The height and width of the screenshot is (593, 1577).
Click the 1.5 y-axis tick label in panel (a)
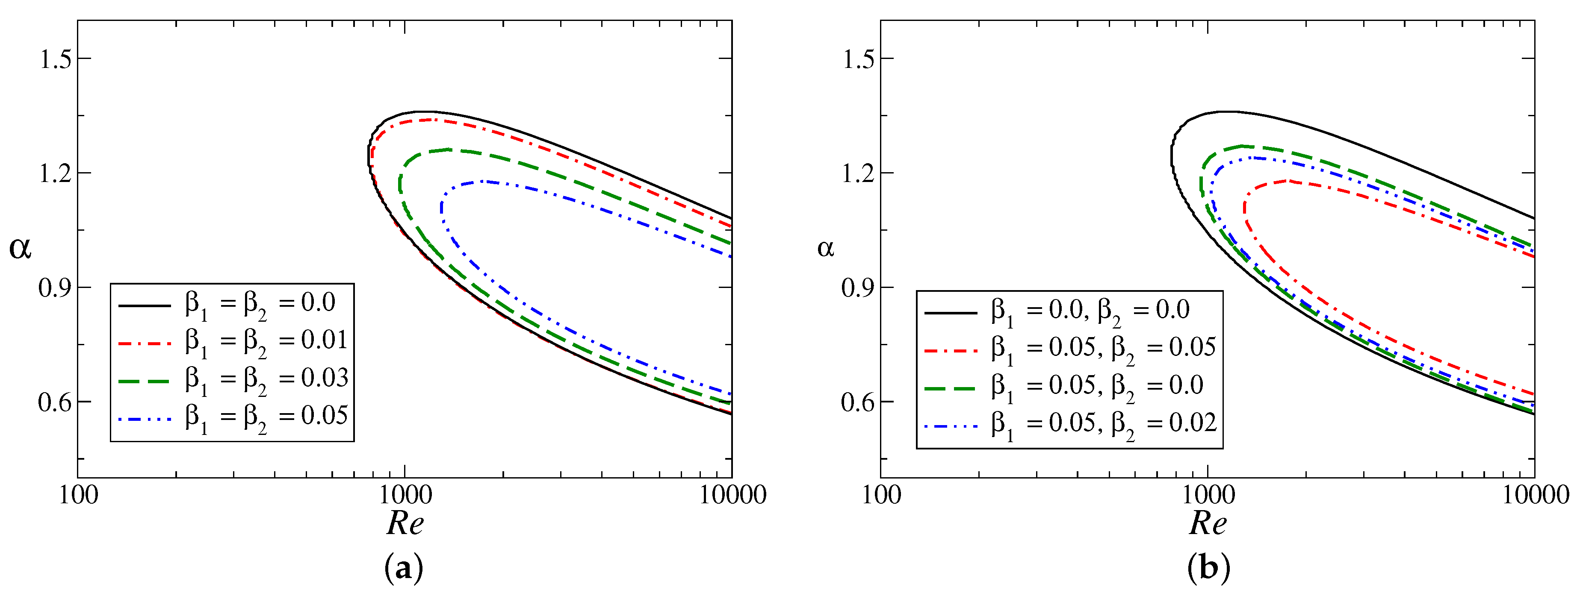55,59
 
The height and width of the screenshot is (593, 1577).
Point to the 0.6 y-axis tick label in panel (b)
858,403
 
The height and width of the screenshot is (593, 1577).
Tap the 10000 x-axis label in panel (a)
732,494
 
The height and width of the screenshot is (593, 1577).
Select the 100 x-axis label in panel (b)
881,494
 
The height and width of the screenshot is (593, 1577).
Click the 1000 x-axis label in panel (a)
405,494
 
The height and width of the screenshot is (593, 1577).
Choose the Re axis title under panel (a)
405,524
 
